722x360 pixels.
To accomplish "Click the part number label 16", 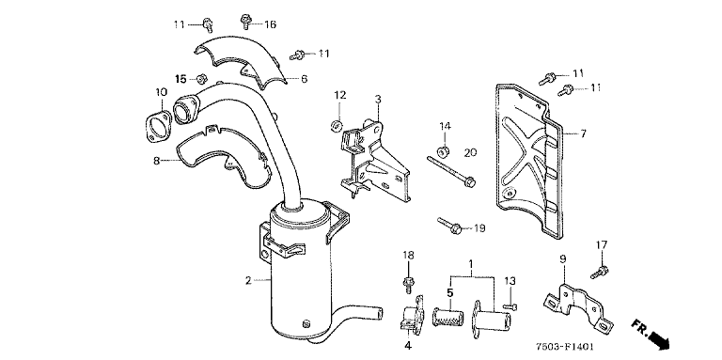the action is (270, 24).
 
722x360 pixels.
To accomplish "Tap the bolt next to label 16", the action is (245, 22).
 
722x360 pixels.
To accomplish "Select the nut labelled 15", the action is (201, 79).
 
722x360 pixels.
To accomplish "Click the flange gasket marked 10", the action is (157, 126).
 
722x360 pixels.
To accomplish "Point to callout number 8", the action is (157, 161).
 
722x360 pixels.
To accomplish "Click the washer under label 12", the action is (337, 125).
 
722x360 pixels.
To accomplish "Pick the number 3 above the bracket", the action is (378, 99).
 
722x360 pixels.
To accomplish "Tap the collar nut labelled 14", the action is (445, 150).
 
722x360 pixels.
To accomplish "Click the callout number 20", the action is (470, 152).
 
